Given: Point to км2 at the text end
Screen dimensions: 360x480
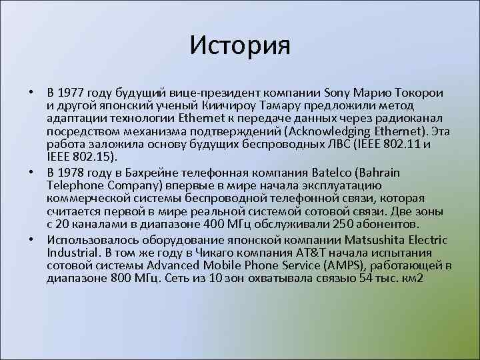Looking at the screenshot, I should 411,278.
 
